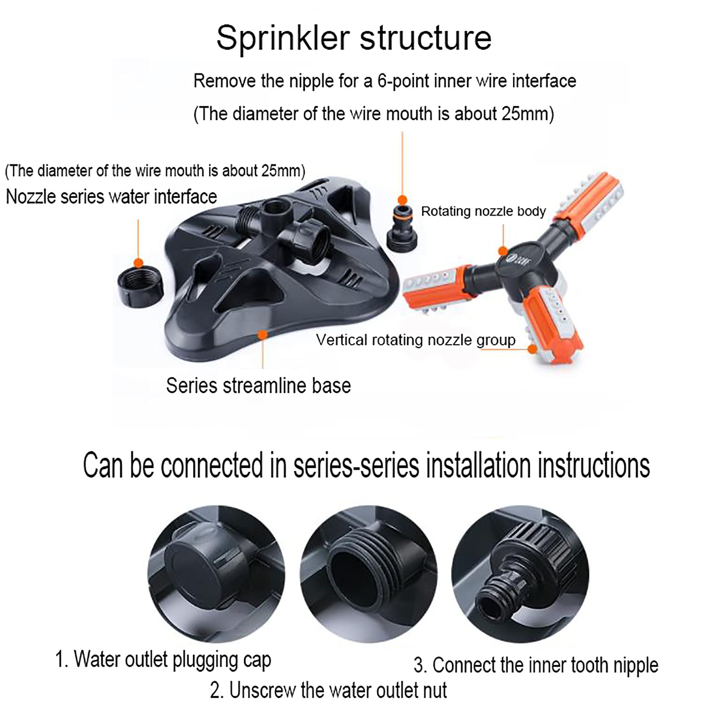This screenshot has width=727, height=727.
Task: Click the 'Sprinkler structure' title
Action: (354, 38)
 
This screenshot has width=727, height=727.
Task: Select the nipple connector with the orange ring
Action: (402, 226)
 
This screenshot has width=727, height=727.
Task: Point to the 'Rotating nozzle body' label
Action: (483, 211)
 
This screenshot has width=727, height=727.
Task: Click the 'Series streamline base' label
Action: (258, 386)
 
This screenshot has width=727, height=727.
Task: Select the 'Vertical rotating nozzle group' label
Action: (416, 340)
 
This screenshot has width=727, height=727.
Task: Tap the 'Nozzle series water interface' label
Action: (111, 197)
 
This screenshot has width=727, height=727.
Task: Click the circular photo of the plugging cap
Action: (216, 574)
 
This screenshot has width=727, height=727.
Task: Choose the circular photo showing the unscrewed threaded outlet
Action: (368, 574)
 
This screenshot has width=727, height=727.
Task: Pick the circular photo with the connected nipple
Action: (520, 574)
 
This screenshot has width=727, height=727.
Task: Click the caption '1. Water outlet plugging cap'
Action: (163, 660)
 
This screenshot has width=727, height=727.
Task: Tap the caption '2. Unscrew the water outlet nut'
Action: (328, 690)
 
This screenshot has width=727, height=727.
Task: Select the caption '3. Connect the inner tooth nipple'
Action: (536, 665)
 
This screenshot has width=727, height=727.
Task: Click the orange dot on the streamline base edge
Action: (262, 335)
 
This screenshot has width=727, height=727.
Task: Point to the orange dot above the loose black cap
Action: (139, 263)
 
